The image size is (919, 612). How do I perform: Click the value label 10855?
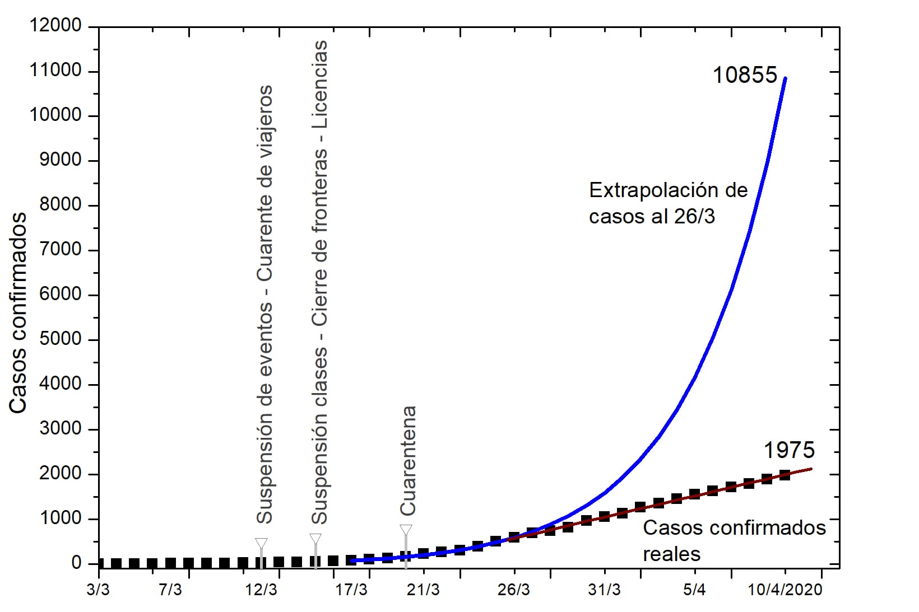click(745, 75)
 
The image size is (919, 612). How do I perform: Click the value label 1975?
click(789, 450)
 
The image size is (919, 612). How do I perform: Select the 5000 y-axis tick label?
click(60, 339)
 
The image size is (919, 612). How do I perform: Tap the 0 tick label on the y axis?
click(76, 563)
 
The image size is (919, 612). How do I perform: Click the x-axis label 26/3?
click(514, 590)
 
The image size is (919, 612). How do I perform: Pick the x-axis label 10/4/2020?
click(785, 590)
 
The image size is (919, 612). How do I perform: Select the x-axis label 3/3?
click(99, 590)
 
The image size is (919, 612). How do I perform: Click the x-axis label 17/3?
click(351, 590)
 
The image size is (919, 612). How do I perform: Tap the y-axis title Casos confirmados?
click(18, 312)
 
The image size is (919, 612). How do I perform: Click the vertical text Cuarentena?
click(408, 460)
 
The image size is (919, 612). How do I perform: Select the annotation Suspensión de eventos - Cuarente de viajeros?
click(264, 304)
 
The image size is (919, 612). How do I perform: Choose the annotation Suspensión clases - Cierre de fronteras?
click(319, 282)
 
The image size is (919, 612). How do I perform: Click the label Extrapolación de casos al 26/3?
click(668, 203)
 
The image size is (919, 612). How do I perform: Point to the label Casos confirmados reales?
click(734, 540)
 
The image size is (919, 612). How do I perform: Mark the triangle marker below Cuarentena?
click(406, 530)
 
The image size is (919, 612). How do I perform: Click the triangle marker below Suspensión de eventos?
click(261, 543)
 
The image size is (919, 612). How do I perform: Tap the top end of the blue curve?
click(785, 78)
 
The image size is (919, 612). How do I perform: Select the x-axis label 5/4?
click(694, 590)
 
